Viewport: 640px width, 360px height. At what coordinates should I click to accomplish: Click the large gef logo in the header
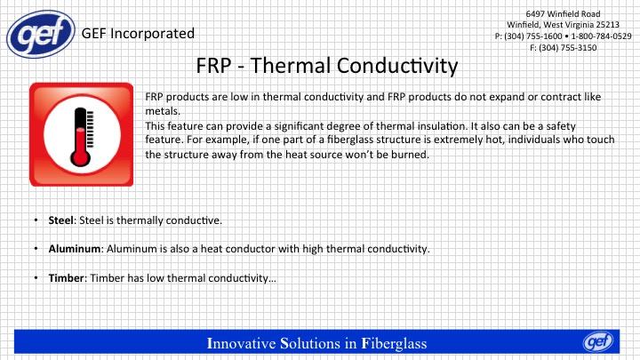pos(41,34)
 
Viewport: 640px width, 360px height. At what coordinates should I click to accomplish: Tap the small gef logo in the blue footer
pos(598,341)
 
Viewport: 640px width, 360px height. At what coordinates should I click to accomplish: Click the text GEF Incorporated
pos(138,34)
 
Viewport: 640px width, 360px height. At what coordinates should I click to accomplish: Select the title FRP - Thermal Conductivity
pos(327,65)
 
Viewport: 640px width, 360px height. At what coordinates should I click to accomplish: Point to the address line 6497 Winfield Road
pos(563,14)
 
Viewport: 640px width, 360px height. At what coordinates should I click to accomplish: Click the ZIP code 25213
pos(606,25)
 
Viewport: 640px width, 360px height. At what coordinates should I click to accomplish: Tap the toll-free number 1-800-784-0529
pos(601,36)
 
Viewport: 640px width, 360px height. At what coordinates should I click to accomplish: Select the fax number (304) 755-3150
pos(567,48)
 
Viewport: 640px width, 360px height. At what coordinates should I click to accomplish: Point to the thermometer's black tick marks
pos(90,129)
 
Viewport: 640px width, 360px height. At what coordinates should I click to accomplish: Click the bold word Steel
pos(61,220)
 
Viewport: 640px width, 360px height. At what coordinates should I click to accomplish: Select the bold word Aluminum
pos(75,249)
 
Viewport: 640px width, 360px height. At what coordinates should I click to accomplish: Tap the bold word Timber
pos(67,278)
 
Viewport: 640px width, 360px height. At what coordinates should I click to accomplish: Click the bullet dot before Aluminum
pos(36,249)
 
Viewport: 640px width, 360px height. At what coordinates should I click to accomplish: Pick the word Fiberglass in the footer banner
pos(394,343)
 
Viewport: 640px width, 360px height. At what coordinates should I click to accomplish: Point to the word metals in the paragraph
pos(163,111)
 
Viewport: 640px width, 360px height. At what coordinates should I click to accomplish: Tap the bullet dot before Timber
pos(36,278)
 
